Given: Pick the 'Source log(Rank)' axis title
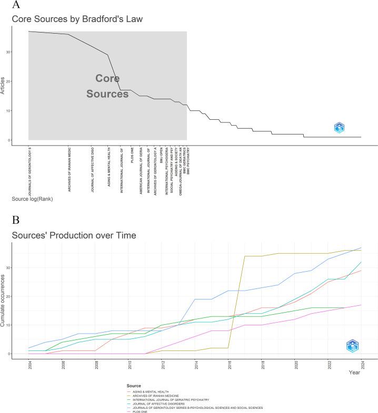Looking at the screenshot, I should pyautogui.click(x=32, y=199).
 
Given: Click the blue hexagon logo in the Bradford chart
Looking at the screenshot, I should pyautogui.click(x=340, y=127).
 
